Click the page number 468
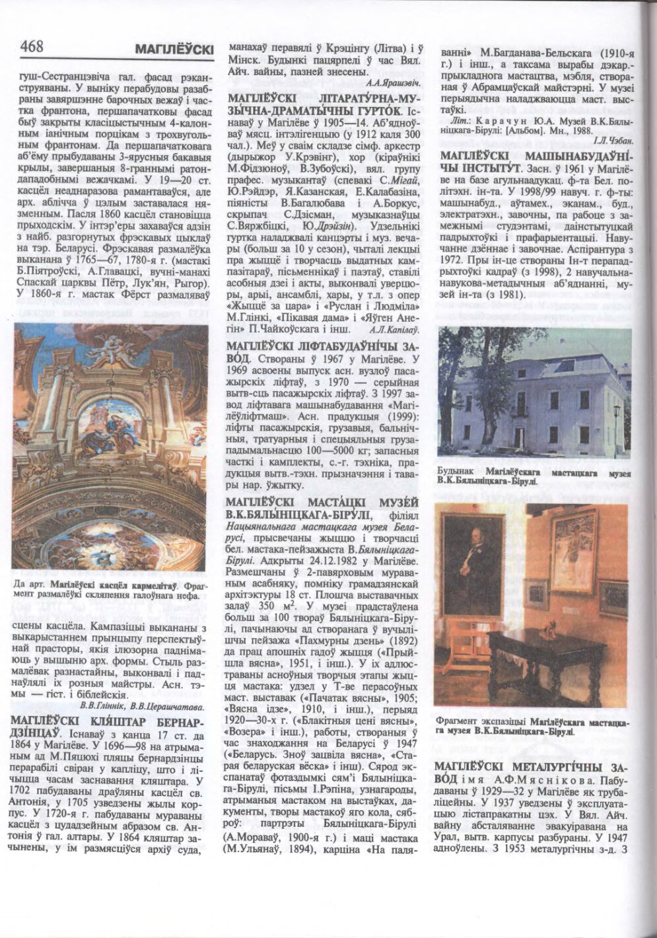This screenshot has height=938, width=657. tap(32, 47)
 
